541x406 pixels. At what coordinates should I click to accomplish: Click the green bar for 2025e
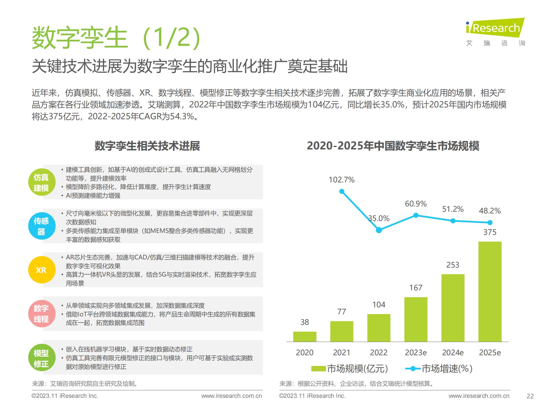490,292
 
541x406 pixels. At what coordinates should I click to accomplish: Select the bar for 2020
305,337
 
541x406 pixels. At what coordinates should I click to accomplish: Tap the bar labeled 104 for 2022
379,328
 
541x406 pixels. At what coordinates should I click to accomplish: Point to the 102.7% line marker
342,191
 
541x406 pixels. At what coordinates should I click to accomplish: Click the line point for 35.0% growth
379,230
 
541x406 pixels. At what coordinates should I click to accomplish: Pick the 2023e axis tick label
416,352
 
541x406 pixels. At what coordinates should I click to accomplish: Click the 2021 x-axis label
342,352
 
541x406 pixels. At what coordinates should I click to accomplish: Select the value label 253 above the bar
453,265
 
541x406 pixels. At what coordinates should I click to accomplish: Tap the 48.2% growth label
490,211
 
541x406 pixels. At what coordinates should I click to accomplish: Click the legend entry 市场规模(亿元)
349,369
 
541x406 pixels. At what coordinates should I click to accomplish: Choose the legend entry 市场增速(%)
439,369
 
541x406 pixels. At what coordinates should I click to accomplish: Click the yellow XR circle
41,270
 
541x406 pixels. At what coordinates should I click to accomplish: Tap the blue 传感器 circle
41,226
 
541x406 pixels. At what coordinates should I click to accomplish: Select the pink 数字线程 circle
41,314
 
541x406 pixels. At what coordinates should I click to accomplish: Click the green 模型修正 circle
41,358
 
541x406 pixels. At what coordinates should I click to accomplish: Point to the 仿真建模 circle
41,182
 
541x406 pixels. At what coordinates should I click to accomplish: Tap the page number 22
530,396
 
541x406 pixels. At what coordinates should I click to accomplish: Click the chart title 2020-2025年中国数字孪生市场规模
393,146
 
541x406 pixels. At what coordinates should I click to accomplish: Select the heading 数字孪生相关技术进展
147,146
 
